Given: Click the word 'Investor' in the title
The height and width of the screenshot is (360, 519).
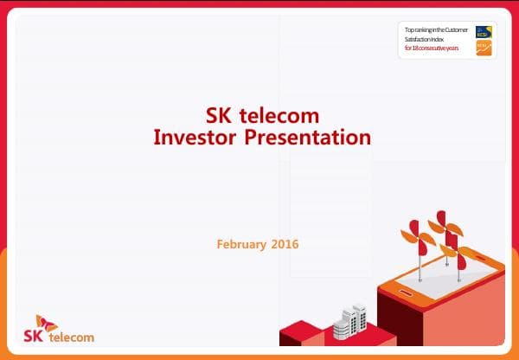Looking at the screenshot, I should coord(189,137).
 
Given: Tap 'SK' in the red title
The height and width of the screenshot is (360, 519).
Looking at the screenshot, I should coord(220,116).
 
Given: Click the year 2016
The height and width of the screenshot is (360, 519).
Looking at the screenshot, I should coord(284,244).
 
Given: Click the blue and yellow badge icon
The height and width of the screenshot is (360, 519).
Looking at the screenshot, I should coord(484,31).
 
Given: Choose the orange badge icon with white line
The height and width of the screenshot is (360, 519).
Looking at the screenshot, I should coord(484,48).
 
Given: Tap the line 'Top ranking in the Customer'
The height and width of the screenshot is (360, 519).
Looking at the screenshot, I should coord(439,30).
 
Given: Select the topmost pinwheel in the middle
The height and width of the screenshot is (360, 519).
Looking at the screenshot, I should coord(440,220).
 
